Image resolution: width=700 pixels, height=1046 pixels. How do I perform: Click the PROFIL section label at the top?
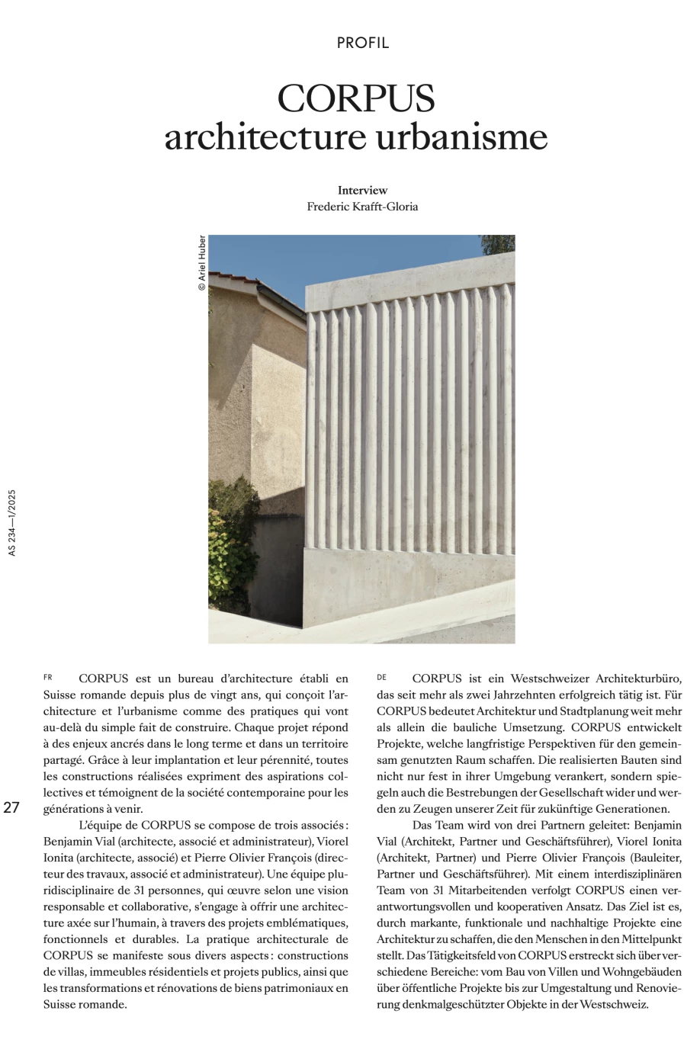[362, 43]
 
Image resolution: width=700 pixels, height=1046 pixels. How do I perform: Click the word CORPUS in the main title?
[356, 98]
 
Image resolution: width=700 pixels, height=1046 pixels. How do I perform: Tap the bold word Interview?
[362, 190]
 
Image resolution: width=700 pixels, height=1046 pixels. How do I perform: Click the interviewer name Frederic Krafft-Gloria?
[362, 207]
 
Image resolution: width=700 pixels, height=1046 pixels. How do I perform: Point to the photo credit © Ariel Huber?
[201, 262]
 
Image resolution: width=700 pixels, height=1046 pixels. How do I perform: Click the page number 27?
[11, 808]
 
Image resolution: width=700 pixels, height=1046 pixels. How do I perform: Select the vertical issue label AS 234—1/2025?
[11, 522]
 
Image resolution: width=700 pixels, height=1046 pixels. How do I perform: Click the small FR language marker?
[48, 677]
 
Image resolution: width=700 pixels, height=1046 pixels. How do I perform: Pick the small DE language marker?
[381, 677]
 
